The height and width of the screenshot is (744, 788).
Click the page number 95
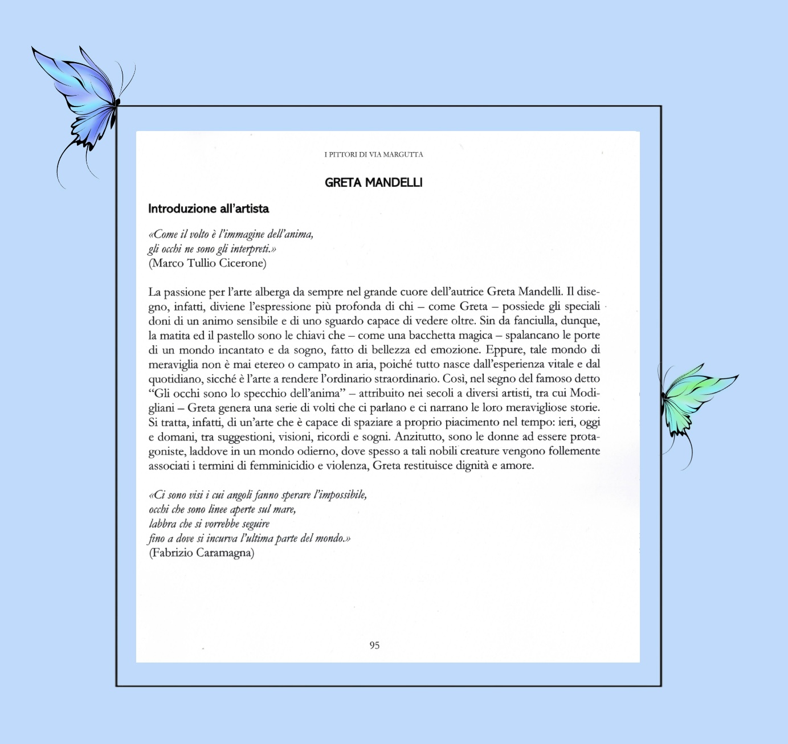tap(374, 645)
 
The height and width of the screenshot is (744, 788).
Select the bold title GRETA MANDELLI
tap(373, 183)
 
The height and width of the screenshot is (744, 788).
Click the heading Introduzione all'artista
tap(209, 209)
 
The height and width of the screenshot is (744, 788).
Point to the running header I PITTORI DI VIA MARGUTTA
tap(374, 154)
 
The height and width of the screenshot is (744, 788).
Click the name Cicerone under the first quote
tap(243, 263)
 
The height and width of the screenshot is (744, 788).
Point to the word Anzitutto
tap(419, 437)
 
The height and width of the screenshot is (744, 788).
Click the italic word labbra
tap(162, 524)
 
